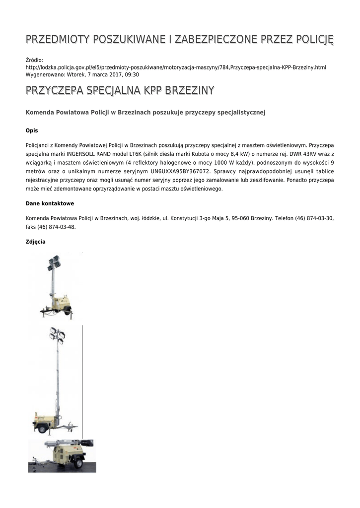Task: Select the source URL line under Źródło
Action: click(176, 67)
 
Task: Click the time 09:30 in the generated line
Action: click(132, 74)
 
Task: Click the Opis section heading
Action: click(31, 130)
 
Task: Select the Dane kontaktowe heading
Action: click(50, 203)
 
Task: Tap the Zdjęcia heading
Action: click(35, 242)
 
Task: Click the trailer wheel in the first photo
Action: click(68, 312)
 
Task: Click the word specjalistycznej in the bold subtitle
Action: click(242, 113)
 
